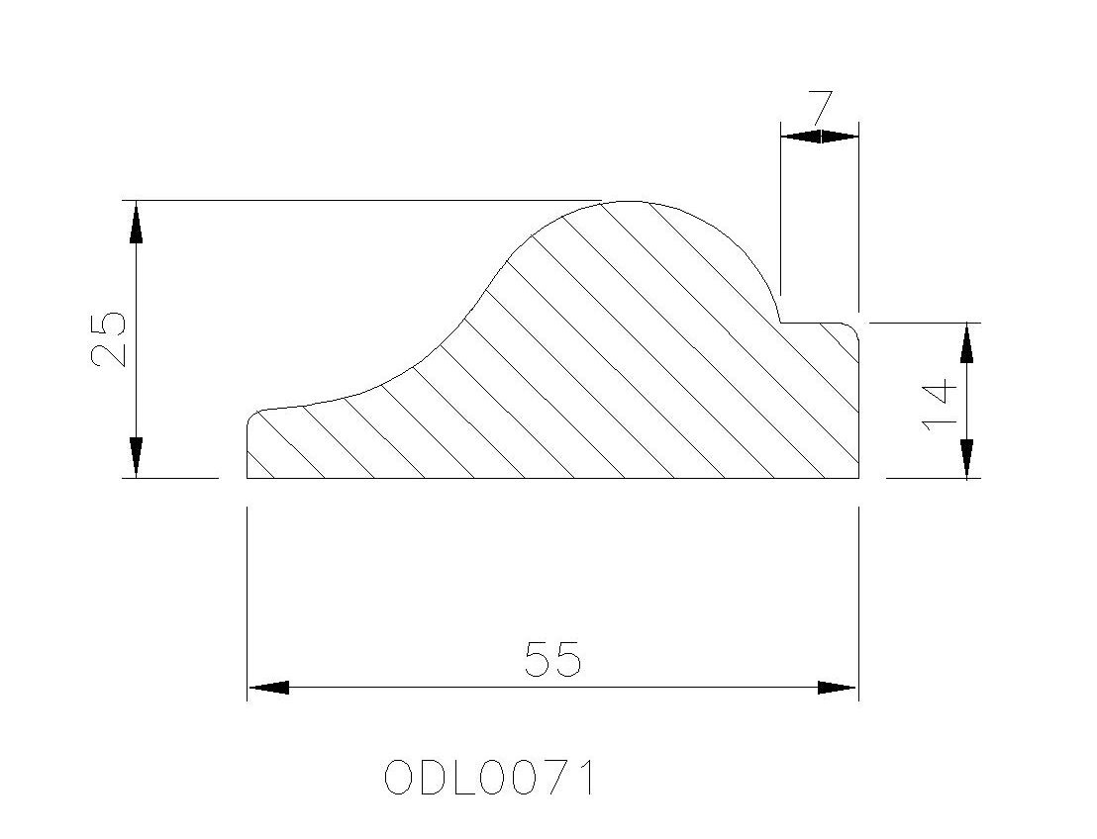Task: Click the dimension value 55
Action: [x=552, y=659]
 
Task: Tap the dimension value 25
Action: [x=109, y=338]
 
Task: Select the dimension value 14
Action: [x=939, y=405]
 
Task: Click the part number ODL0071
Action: [x=490, y=778]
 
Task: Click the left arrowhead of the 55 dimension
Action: [x=268, y=688]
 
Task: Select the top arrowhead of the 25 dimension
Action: [x=136, y=222]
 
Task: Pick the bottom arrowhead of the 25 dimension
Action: [x=136, y=458]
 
